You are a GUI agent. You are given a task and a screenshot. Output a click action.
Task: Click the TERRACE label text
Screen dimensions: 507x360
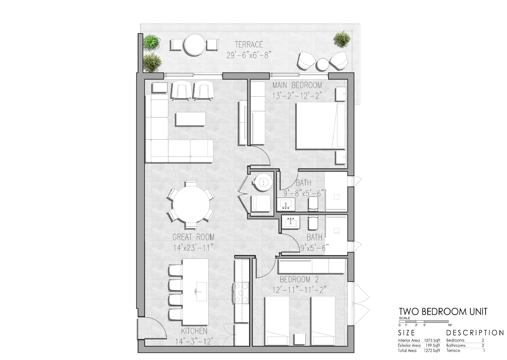(x=249, y=45)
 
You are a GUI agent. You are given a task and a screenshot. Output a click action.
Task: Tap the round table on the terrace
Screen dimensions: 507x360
(x=194, y=45)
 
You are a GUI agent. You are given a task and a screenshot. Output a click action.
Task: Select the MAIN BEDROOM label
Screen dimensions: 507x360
(x=297, y=85)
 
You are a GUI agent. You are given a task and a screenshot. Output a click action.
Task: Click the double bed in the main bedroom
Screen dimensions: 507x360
(x=321, y=126)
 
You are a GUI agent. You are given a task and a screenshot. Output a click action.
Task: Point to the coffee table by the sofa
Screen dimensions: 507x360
(x=190, y=119)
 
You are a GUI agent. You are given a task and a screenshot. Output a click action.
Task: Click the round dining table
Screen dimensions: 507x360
(x=191, y=204)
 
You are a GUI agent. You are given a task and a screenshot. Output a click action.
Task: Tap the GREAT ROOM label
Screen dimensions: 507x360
(x=193, y=237)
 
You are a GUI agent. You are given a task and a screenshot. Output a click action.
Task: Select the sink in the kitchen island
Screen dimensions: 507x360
(x=201, y=292)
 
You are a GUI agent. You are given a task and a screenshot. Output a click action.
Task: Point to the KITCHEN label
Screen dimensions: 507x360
(x=194, y=331)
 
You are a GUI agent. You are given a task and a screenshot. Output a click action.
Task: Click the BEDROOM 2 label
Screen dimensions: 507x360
(x=299, y=280)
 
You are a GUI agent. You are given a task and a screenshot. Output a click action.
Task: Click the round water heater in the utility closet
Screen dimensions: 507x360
(x=264, y=182)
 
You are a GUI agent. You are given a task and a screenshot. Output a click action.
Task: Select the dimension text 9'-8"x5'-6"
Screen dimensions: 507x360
(x=304, y=193)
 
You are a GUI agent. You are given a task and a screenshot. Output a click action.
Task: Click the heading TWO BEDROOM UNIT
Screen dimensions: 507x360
(x=443, y=312)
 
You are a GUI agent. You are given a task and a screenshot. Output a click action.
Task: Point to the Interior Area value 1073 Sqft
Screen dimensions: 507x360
(x=432, y=340)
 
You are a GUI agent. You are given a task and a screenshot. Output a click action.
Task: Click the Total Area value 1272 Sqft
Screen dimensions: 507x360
(x=432, y=350)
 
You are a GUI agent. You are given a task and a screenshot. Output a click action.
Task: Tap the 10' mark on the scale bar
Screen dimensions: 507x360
(x=450, y=325)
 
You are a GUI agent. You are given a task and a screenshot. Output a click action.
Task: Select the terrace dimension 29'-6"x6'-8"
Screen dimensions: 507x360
(x=249, y=55)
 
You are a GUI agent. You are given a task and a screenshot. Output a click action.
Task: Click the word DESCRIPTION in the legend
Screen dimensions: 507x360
(x=475, y=333)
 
